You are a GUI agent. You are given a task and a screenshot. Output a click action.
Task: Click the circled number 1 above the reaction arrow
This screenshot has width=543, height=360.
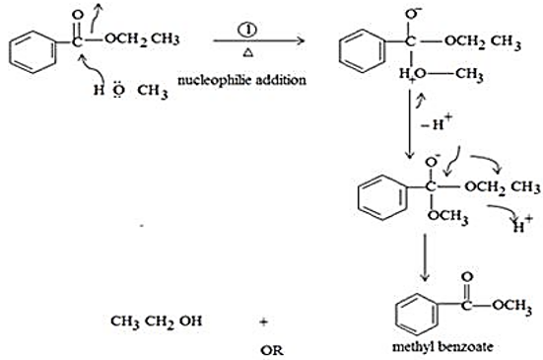[247, 30]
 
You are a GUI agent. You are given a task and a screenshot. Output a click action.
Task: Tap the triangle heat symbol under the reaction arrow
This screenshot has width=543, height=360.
[248, 52]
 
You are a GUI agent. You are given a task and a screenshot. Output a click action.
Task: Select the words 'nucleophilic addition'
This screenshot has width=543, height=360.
[241, 80]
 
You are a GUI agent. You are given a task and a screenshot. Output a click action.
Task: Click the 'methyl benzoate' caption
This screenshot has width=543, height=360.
[442, 346]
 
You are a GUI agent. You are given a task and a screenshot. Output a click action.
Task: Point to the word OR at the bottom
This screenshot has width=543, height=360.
[272, 351]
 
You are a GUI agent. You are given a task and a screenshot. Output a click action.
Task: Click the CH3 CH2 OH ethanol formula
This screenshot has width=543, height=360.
[156, 322]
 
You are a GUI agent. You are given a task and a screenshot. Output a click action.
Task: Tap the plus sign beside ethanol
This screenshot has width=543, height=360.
[264, 322]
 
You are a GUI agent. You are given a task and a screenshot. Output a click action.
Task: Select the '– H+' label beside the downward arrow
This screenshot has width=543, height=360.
[437, 122]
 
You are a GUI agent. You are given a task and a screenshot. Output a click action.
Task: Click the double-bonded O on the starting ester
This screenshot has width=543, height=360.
[78, 15]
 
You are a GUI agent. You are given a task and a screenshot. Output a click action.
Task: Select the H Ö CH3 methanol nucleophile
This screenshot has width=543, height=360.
[130, 91]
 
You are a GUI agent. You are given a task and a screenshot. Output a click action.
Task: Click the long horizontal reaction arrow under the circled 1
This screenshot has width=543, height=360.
[258, 40]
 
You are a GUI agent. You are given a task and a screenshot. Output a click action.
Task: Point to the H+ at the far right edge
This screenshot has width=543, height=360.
[522, 225]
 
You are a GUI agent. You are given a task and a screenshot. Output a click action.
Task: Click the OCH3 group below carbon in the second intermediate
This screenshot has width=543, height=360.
[448, 217]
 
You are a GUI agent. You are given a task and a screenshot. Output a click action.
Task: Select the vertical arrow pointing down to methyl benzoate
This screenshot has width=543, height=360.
[425, 257]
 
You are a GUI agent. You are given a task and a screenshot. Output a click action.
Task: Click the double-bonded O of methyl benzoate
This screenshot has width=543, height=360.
[467, 277]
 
